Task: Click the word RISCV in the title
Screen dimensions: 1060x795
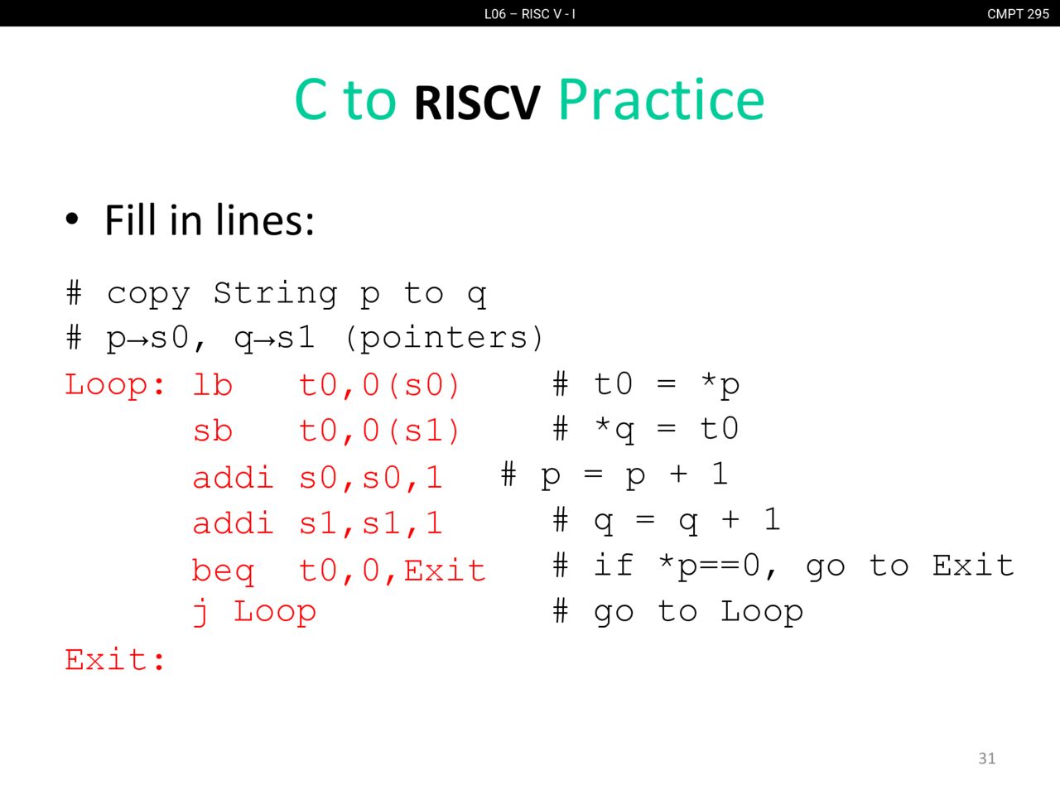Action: tap(477, 103)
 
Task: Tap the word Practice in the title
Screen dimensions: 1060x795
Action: tap(662, 100)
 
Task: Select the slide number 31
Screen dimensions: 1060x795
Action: tap(986, 759)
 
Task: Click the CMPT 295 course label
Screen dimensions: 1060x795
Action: tap(1018, 13)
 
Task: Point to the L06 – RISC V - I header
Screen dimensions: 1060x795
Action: tap(530, 13)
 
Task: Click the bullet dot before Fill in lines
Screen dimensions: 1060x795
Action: tap(72, 219)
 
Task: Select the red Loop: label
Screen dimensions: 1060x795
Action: tap(115, 385)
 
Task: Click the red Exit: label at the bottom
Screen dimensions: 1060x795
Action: tap(115, 659)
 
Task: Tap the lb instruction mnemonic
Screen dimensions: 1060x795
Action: tap(213, 385)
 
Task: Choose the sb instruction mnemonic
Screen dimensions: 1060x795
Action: tap(213, 430)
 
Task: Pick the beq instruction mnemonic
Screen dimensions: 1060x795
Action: tap(223, 571)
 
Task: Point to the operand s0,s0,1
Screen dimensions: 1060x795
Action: tap(370, 478)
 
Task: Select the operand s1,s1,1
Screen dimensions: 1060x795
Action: tap(370, 523)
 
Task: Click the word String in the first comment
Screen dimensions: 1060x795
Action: tap(275, 294)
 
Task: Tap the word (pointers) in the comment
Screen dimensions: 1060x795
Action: tap(445, 337)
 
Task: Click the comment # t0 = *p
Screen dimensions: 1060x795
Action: tap(646, 385)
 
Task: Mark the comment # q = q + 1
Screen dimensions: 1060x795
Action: tap(667, 521)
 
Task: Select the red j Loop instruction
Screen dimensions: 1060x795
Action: tap(254, 612)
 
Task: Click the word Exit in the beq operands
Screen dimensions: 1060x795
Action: tap(445, 570)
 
